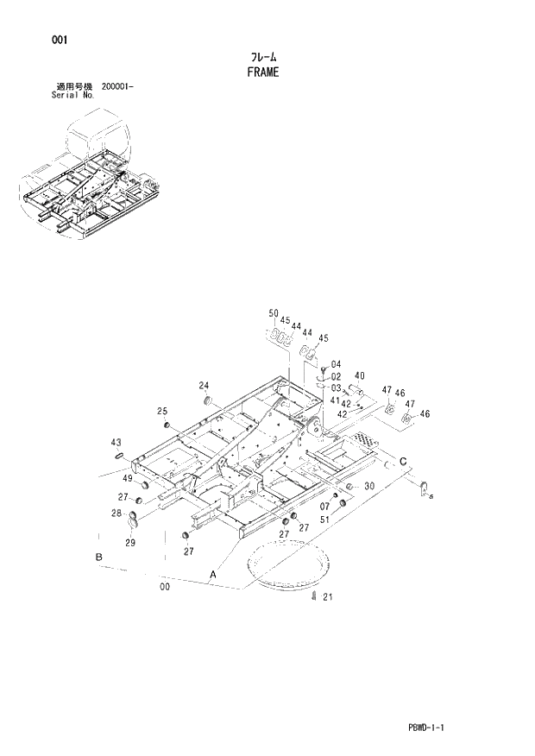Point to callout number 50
point(274,313)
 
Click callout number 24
point(204,385)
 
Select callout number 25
point(161,412)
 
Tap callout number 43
point(116,443)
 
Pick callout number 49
point(126,479)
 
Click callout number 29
point(131,542)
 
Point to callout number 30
point(368,487)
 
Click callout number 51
point(324,519)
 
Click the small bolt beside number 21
point(314,596)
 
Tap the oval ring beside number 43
point(120,455)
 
